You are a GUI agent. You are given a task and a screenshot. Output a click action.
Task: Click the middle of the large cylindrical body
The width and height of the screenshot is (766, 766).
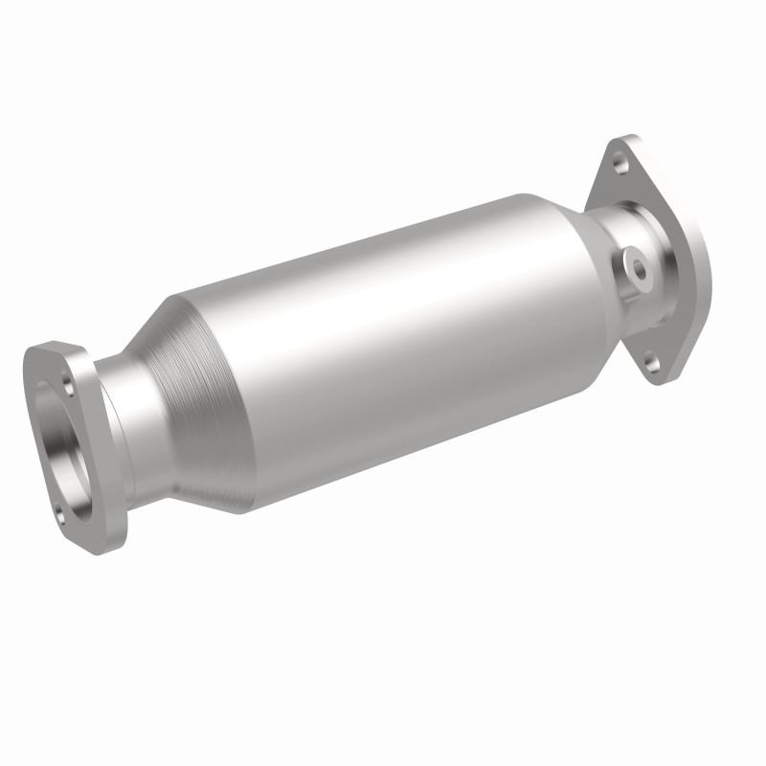point(383,345)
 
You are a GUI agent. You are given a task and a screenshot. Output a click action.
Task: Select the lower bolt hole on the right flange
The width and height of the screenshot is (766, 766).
point(651,362)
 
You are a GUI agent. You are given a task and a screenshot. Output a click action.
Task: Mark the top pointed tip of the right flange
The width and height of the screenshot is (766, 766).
point(613,140)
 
